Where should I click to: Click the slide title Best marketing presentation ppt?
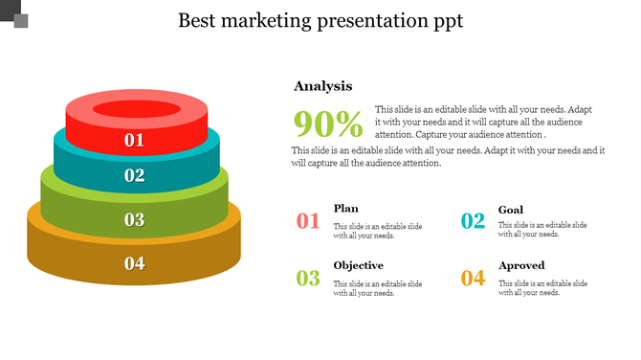click(x=320, y=21)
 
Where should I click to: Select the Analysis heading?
click(x=322, y=86)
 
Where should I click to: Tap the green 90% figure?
click(x=328, y=124)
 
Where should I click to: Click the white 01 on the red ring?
click(x=134, y=141)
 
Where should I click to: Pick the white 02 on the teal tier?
click(x=134, y=175)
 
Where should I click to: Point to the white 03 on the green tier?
click(x=134, y=219)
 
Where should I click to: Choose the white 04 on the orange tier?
click(x=134, y=263)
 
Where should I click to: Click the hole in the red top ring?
click(x=137, y=107)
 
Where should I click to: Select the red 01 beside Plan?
click(x=307, y=222)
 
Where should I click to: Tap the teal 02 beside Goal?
click(x=473, y=222)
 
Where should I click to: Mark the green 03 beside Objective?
click(x=307, y=279)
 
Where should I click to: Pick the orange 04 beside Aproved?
click(x=473, y=279)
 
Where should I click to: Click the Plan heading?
click(x=345, y=209)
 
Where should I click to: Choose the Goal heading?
click(x=510, y=209)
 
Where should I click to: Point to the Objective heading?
click(x=358, y=265)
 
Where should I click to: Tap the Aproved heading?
click(x=521, y=265)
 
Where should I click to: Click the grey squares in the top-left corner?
click(x=14, y=14)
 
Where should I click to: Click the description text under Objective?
click(x=377, y=288)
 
